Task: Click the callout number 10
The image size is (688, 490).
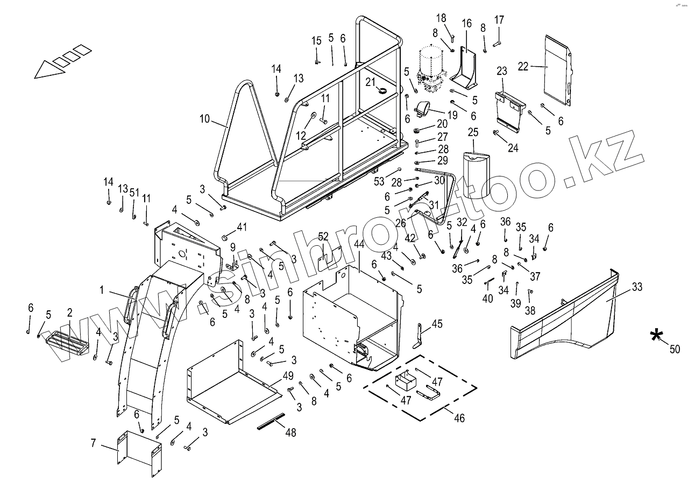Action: (204, 119)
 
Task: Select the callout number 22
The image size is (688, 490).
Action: (523, 66)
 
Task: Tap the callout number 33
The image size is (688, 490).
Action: (637, 287)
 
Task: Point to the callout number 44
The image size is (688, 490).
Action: (359, 244)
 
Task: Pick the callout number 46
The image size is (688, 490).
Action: (459, 417)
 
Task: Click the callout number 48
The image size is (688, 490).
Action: (290, 431)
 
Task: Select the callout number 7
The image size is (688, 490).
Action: (94, 443)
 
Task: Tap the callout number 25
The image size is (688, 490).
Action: (473, 132)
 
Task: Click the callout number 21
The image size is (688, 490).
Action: (370, 81)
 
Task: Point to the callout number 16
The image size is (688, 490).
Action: (466, 23)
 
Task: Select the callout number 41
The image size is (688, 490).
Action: (242, 227)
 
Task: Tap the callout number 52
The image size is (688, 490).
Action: (323, 236)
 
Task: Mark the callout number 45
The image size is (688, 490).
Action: (437, 323)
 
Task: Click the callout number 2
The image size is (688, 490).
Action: (69, 313)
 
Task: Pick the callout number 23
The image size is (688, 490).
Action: (501, 71)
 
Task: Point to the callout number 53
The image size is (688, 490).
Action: (380, 182)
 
